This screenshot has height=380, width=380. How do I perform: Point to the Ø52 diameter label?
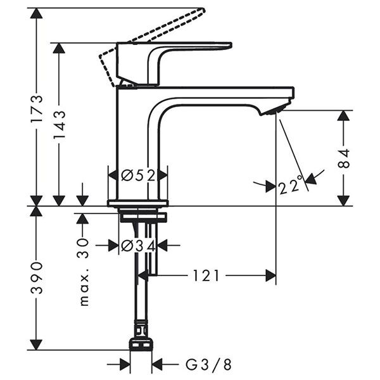pos(138,174)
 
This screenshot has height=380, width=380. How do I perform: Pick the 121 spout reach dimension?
pos(206,275)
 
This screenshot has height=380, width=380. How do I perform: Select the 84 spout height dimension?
pos(343,158)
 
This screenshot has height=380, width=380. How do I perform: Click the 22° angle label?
pos(289,186)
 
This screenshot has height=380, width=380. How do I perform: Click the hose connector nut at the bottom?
pos(141,342)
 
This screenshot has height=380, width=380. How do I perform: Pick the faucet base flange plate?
pos(138,203)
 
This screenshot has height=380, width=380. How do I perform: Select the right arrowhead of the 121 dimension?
pos(270,275)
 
